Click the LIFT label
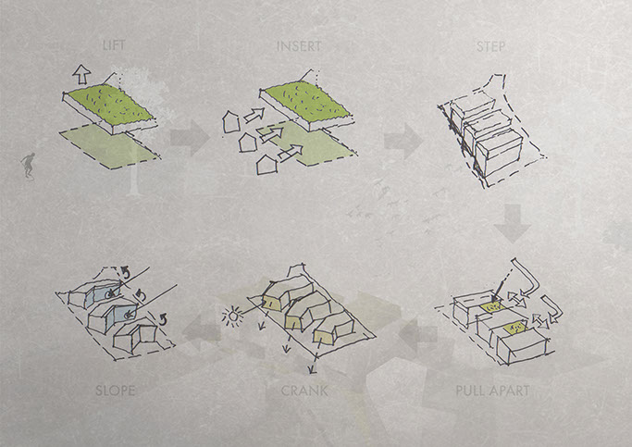[114, 45]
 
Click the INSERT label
[299, 46]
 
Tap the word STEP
[490, 47]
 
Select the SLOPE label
[115, 391]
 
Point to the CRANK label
[304, 391]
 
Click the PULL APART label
[492, 391]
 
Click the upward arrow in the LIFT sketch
[81, 74]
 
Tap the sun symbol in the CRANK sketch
[232, 316]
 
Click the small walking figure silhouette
[27, 166]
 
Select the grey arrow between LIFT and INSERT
[190, 138]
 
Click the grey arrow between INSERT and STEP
[403, 141]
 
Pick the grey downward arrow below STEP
[513, 224]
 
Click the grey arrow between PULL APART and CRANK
[418, 334]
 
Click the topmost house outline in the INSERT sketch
[231, 121]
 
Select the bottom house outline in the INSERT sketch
[266, 164]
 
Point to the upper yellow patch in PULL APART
[492, 307]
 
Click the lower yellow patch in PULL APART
[514, 328]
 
